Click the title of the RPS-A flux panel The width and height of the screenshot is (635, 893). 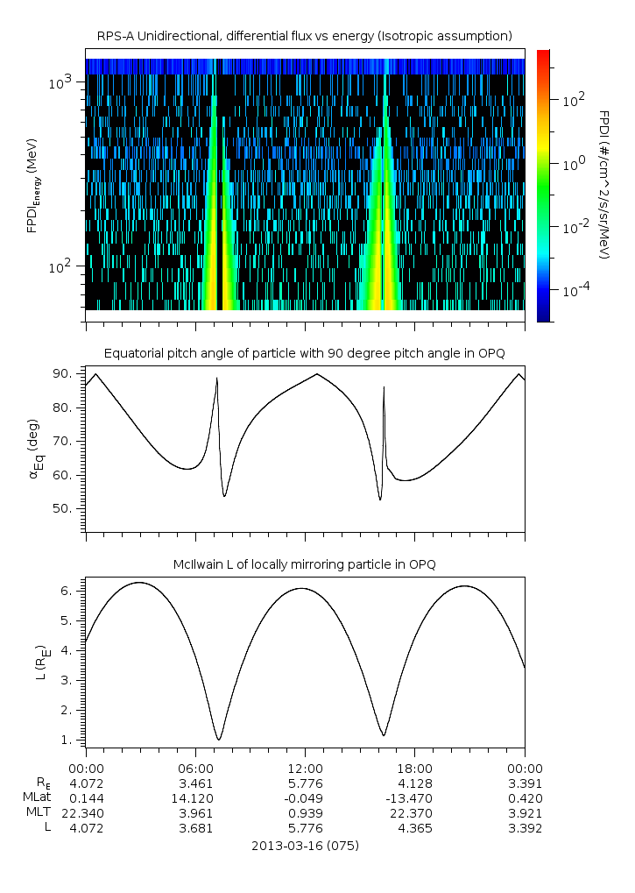(x=304, y=36)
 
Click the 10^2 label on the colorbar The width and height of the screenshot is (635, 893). (x=573, y=101)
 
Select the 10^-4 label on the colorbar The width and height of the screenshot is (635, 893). (x=575, y=290)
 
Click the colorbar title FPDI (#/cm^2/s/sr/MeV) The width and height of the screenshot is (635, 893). (x=604, y=184)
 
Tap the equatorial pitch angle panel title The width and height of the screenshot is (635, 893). (x=304, y=353)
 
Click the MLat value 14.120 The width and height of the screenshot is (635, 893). (x=194, y=798)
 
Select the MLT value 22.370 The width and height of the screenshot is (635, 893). (x=414, y=813)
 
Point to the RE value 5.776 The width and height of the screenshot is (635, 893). (x=305, y=783)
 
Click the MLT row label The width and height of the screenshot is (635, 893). (x=40, y=813)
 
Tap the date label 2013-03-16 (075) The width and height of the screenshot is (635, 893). (x=305, y=847)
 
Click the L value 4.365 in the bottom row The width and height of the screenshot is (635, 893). (x=414, y=828)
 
